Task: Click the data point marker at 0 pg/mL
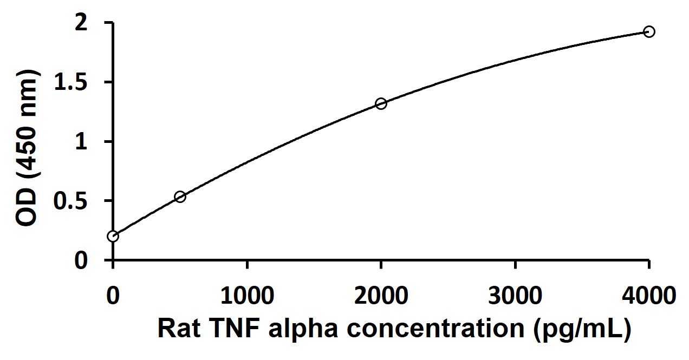[x=113, y=236]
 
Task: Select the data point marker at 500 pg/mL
[x=180, y=197]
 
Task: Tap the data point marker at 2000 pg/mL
[x=381, y=103]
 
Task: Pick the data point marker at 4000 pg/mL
[x=649, y=31]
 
